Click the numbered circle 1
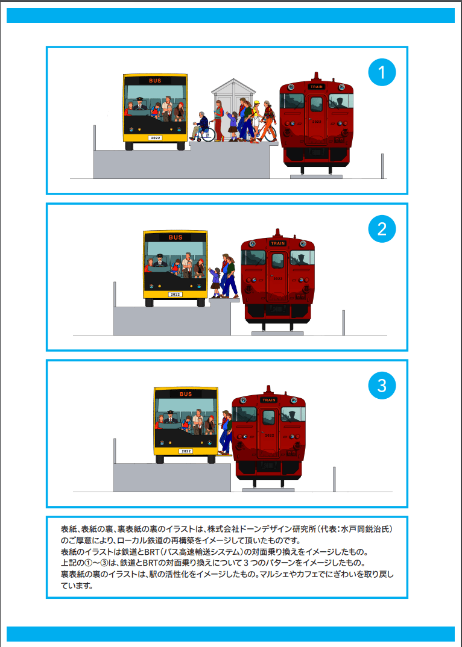click(x=382, y=72)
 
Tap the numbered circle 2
click(x=382, y=228)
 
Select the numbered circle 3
click(x=382, y=386)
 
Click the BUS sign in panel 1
click(x=156, y=81)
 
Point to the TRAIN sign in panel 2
click(x=277, y=243)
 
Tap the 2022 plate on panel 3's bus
click(x=186, y=451)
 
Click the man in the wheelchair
click(x=201, y=126)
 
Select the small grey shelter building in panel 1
click(x=233, y=110)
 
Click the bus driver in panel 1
click(x=140, y=104)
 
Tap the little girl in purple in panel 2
click(x=215, y=283)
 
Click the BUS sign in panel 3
click(x=186, y=394)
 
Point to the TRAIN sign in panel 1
click(x=316, y=87)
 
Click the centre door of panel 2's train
click(x=277, y=276)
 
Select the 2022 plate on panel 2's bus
click(x=176, y=294)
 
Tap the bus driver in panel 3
click(x=170, y=417)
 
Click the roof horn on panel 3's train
click(x=268, y=389)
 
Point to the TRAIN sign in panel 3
click(x=268, y=400)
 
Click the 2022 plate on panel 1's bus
click(x=155, y=138)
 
